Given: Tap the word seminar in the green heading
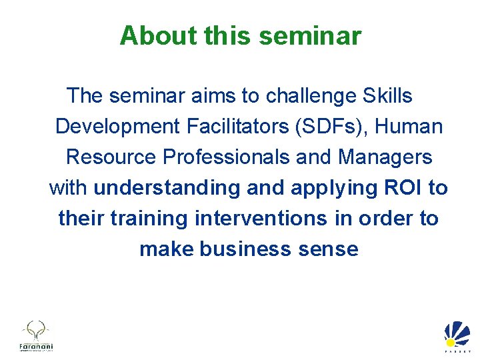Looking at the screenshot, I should pyautogui.click(x=310, y=35).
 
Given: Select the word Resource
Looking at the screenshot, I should pyautogui.click(x=111, y=157).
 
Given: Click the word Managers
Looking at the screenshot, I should pyautogui.click(x=385, y=157).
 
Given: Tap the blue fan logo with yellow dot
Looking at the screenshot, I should pyautogui.click(x=457, y=334).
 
